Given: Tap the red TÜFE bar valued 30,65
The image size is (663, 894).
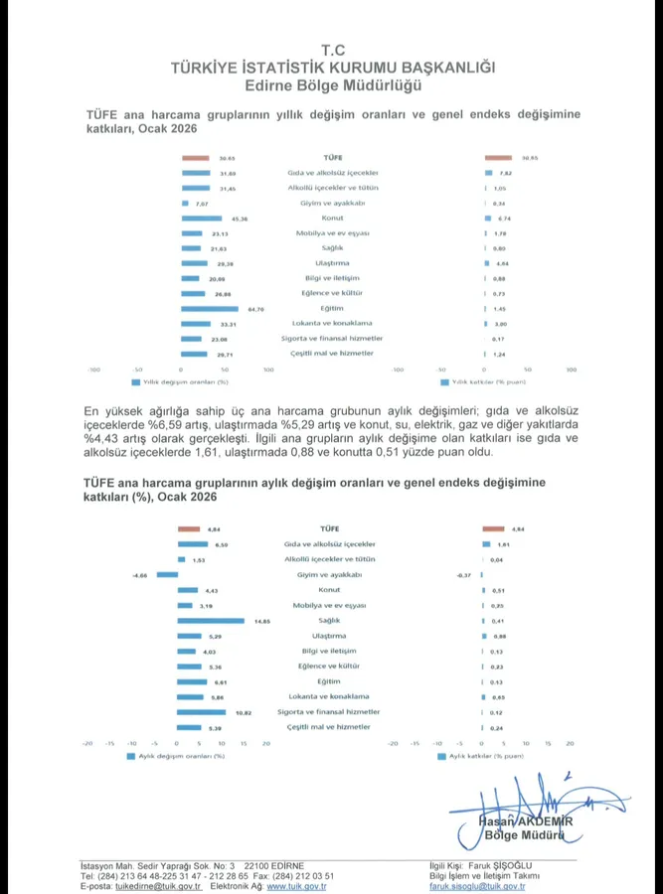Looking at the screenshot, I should [194, 158].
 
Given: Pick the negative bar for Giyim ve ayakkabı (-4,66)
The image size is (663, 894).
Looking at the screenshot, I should [167, 575].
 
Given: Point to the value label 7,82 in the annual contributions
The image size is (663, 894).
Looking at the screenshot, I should [506, 173].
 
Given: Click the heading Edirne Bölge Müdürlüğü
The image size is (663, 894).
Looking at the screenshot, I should [332, 84].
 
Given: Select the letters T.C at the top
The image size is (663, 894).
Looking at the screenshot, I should [332, 49].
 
